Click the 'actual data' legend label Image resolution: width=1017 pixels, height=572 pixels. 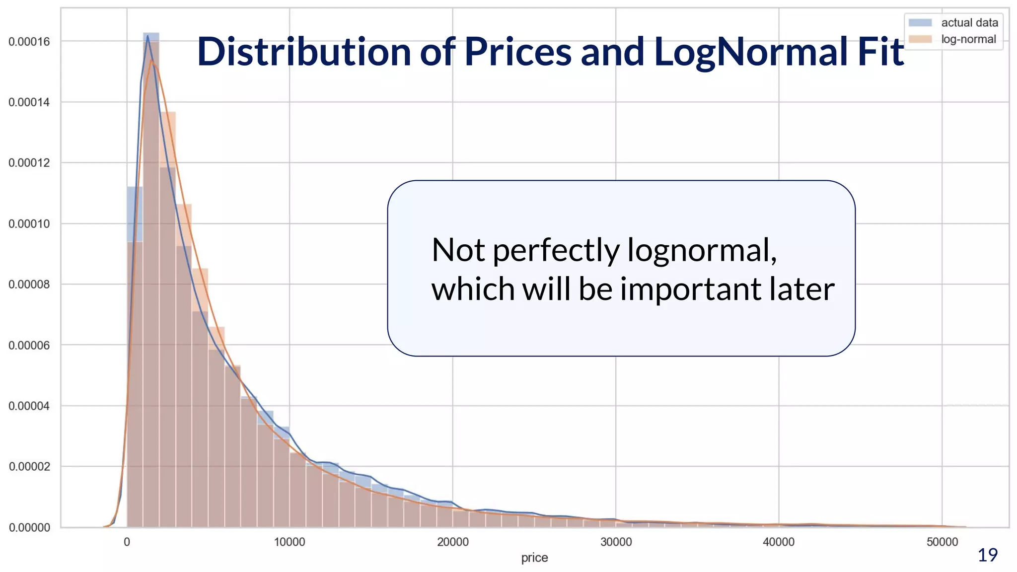pos(969,23)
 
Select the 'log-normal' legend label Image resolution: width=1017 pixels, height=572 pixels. pos(968,39)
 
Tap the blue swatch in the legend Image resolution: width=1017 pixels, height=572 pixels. pos(920,23)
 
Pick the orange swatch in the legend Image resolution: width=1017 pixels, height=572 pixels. pos(920,39)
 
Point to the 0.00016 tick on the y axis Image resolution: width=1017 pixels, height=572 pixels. pos(29,42)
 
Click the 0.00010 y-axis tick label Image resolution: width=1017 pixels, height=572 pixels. pos(29,224)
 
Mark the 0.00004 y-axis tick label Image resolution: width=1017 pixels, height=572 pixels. pos(29,406)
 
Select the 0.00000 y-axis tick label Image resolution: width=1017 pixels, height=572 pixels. pos(29,528)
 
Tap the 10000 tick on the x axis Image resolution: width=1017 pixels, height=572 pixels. pos(290,542)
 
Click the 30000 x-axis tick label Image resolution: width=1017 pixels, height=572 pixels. pos(616,542)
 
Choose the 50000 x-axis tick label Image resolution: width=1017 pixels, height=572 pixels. pos(942,542)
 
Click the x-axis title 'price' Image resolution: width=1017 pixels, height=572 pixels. pos(534,558)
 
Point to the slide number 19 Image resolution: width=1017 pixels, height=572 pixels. pos(987,555)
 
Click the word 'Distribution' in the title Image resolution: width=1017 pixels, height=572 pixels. pos(304,52)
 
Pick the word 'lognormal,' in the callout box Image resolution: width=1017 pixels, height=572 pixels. pos(702,250)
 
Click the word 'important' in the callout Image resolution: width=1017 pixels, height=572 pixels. pos(690,289)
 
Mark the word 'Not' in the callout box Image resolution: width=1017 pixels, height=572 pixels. pos(458,250)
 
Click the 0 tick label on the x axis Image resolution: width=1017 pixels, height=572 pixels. pos(127,542)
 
